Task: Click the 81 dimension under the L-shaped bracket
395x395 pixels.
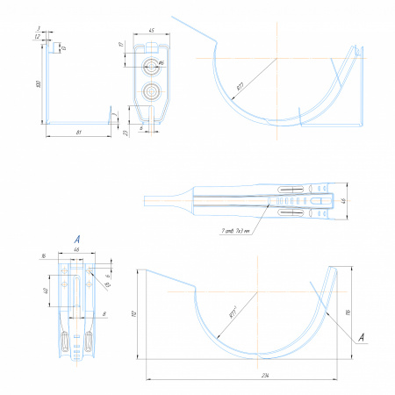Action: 79,132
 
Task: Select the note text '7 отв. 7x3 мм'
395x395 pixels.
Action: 236,233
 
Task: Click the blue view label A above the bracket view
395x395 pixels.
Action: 77,239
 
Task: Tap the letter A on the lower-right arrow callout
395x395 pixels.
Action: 361,336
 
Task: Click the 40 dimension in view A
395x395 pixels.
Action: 46,290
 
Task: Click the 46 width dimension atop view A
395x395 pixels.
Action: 76,250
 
